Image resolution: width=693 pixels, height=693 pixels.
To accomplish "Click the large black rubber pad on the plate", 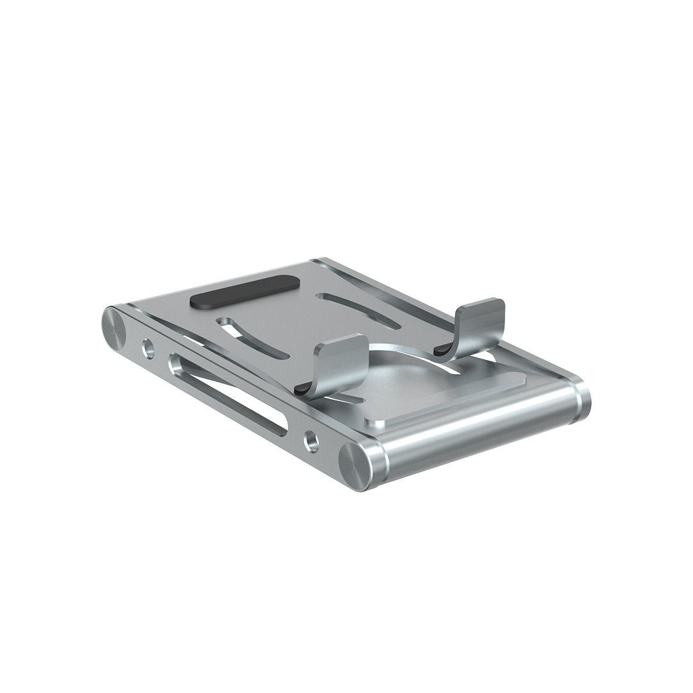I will click(x=246, y=292).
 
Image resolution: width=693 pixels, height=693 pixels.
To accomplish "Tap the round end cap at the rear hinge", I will click(x=114, y=327).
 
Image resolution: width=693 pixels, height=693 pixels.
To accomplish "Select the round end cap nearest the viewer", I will click(x=354, y=465).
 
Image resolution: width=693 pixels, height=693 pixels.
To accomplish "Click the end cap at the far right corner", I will click(x=583, y=402).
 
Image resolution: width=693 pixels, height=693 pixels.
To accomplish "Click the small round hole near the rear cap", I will click(x=148, y=349).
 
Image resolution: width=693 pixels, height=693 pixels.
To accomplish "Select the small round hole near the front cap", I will click(x=312, y=441).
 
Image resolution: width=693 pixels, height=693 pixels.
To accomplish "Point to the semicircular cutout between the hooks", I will click(x=411, y=369).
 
